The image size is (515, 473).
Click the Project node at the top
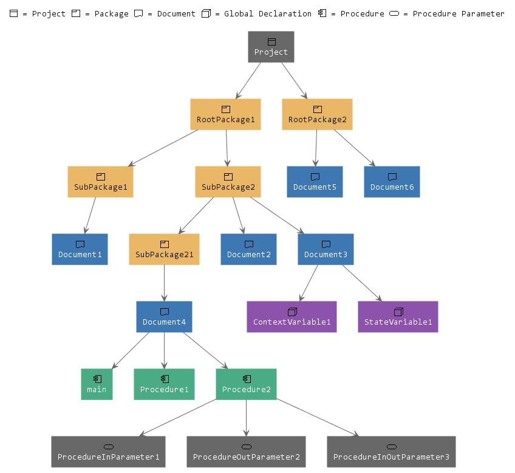click(271, 47)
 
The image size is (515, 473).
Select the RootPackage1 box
click(225, 114)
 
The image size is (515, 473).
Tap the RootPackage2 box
click(317, 114)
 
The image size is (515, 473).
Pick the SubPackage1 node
click(101, 182)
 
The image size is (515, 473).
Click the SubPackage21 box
click(164, 249)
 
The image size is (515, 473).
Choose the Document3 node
click(326, 249)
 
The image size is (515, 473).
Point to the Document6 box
click(392, 182)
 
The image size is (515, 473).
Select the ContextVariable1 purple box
click(292, 317)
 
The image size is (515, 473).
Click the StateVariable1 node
click(398, 317)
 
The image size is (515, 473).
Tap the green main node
click(97, 384)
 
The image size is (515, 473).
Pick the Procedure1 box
click(164, 384)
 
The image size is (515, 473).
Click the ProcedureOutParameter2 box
click(246, 452)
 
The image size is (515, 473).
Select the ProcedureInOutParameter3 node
click(391, 452)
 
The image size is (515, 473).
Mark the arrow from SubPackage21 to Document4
click(164, 283)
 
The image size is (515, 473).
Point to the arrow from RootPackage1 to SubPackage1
click(163, 148)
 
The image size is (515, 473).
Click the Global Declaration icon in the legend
click(206, 13)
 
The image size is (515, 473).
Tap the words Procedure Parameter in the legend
click(458, 13)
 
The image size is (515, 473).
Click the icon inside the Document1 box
click(80, 244)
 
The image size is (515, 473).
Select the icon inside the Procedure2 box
click(247, 379)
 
